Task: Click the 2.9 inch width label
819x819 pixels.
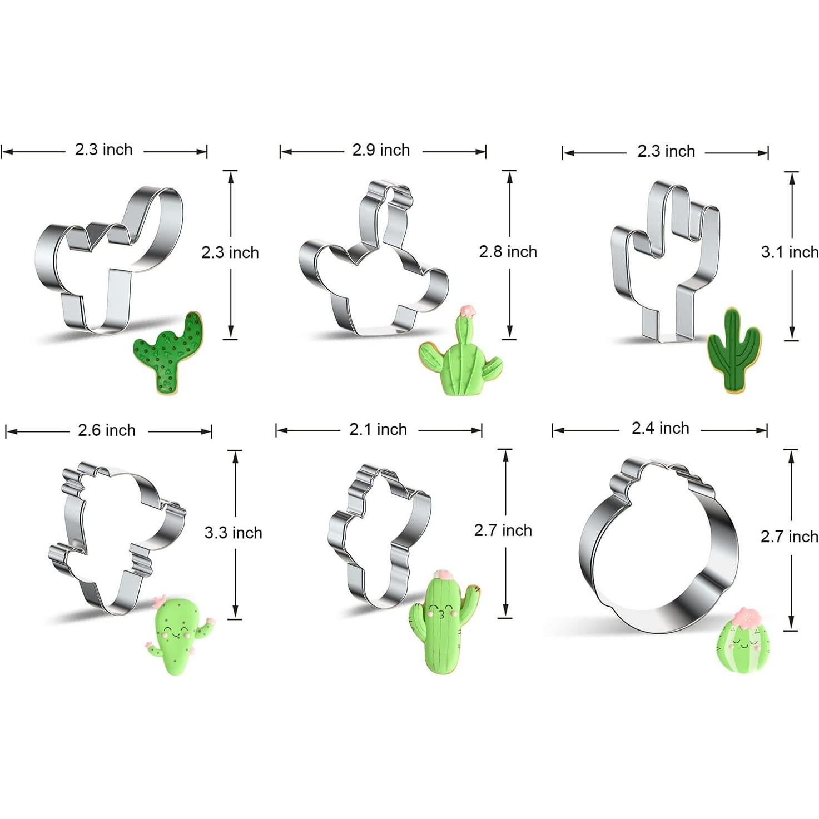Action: (x=381, y=150)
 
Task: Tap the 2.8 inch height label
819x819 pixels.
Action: (x=508, y=252)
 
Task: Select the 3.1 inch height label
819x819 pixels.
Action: (x=790, y=252)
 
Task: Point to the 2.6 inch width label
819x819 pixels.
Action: (x=107, y=430)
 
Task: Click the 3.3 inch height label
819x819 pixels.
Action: (x=233, y=533)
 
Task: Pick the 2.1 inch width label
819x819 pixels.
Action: (x=378, y=429)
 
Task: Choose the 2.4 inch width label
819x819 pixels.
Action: (x=660, y=428)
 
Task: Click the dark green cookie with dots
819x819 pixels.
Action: (x=170, y=354)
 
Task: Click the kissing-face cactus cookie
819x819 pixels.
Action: (x=443, y=622)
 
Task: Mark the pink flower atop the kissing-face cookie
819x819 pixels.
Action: (x=443, y=574)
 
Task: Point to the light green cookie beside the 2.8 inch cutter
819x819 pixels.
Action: (x=460, y=356)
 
